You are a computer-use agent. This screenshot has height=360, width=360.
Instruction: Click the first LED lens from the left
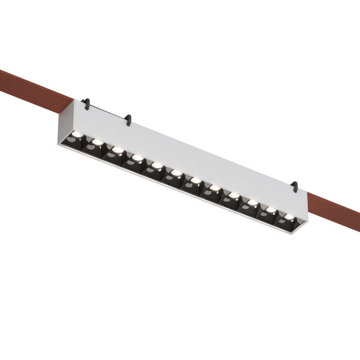click(x=76, y=135)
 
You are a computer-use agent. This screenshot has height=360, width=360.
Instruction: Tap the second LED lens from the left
click(x=96, y=142)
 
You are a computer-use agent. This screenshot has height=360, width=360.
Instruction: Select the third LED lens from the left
click(x=117, y=150)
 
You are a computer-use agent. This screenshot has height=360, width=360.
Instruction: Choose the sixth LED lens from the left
click(x=176, y=173)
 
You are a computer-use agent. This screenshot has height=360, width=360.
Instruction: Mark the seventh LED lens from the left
click(x=195, y=180)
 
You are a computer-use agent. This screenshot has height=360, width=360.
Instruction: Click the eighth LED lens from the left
click(x=214, y=188)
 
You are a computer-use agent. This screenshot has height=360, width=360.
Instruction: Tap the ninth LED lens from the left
click(x=233, y=195)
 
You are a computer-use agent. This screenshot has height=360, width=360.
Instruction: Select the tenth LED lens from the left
click(x=252, y=202)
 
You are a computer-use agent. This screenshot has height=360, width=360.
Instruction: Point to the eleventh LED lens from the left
click(x=270, y=209)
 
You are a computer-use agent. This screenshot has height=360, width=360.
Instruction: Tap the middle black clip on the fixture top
click(x=128, y=120)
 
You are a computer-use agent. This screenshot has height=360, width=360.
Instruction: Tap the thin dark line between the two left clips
click(x=108, y=112)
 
